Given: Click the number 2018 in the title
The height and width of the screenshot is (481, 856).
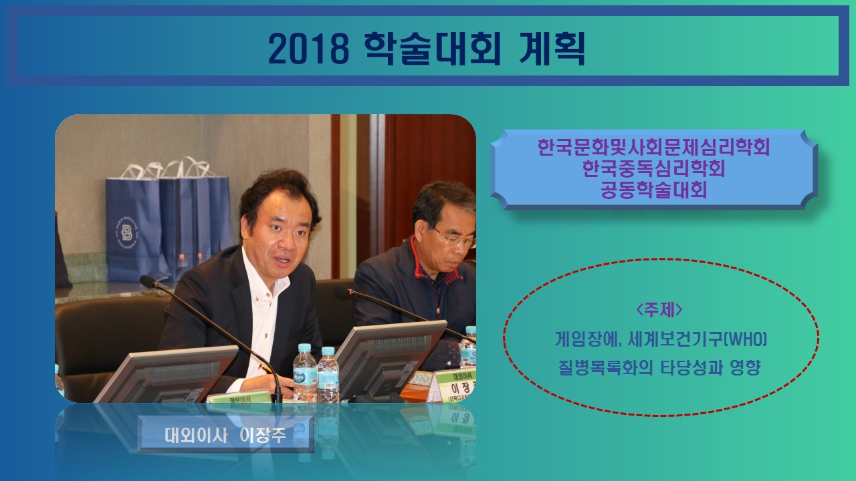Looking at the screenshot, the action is click(x=308, y=49).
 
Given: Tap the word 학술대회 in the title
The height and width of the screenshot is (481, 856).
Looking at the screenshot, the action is click(x=432, y=49).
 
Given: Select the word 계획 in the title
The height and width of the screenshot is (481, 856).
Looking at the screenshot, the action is click(x=552, y=49).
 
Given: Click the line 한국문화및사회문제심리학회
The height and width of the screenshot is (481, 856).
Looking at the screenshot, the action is click(x=653, y=148).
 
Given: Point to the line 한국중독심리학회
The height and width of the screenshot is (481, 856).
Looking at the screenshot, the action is click(x=653, y=168).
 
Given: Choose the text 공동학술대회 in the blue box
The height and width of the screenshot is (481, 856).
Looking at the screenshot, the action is click(x=653, y=190).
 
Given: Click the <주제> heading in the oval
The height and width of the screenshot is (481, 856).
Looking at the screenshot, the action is click(x=659, y=309).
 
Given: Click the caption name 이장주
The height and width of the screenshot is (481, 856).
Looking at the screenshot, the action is click(x=263, y=436).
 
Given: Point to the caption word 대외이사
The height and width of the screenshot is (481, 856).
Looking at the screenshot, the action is click(x=196, y=436).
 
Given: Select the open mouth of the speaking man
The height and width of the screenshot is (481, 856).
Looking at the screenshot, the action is click(x=282, y=261).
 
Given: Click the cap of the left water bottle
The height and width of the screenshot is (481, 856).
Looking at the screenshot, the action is click(x=304, y=347).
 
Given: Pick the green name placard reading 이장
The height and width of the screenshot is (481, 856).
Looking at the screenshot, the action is click(x=455, y=385).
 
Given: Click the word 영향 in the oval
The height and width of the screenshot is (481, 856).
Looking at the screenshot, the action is click(x=744, y=367).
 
